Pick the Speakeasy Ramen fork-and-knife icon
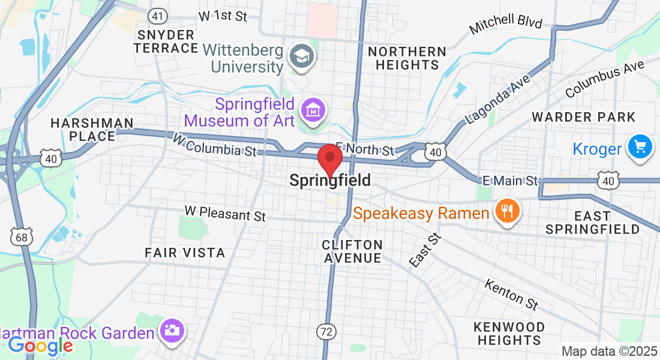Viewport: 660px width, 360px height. pos(507,211)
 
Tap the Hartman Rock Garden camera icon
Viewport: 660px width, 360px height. pos(172,331)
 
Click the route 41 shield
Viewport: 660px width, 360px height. pos(158,16)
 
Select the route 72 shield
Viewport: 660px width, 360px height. pos(326,332)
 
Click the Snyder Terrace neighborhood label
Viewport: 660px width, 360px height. pos(166,41)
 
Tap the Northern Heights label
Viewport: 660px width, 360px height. pos(407,58)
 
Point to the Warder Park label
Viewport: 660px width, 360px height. pos(583,116)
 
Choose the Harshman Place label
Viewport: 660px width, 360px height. pos(92,130)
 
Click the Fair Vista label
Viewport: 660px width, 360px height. pos(185,253)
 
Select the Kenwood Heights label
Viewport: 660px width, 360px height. pos(509,334)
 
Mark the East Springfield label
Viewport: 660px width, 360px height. pos(593,222)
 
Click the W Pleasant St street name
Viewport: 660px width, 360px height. pos(225,212)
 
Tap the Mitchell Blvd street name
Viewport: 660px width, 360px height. pos(505,25)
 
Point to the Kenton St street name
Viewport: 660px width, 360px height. pos(511,295)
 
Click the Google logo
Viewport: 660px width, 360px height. pos(40,346)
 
